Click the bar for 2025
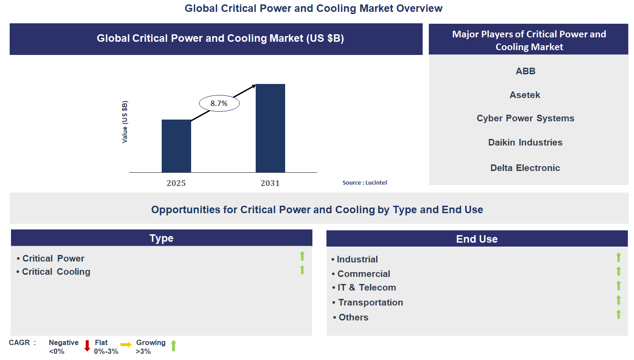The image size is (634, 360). click(x=176, y=146)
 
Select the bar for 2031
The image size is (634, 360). click(x=270, y=128)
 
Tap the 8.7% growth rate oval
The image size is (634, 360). click(x=219, y=104)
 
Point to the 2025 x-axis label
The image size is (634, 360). click(x=176, y=183)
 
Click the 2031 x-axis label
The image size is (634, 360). click(x=270, y=183)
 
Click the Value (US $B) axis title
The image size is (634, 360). click(x=125, y=122)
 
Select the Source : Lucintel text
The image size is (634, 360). click(x=365, y=182)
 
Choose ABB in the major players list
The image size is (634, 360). click(x=525, y=71)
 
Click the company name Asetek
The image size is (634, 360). click(x=525, y=95)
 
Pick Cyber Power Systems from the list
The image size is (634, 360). click(x=525, y=118)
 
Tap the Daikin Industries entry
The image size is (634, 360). click(x=525, y=142)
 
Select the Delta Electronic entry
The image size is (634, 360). click(x=525, y=168)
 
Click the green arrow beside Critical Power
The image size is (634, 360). click(x=302, y=256)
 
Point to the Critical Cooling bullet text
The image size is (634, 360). click(x=56, y=272)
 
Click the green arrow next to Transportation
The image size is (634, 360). click(x=619, y=300)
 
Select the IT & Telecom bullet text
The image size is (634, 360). click(x=366, y=287)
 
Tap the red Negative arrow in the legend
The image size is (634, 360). click(x=87, y=346)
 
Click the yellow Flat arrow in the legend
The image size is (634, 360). click(x=126, y=345)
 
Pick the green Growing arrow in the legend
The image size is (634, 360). click(x=174, y=346)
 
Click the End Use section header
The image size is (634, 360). click(x=477, y=239)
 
